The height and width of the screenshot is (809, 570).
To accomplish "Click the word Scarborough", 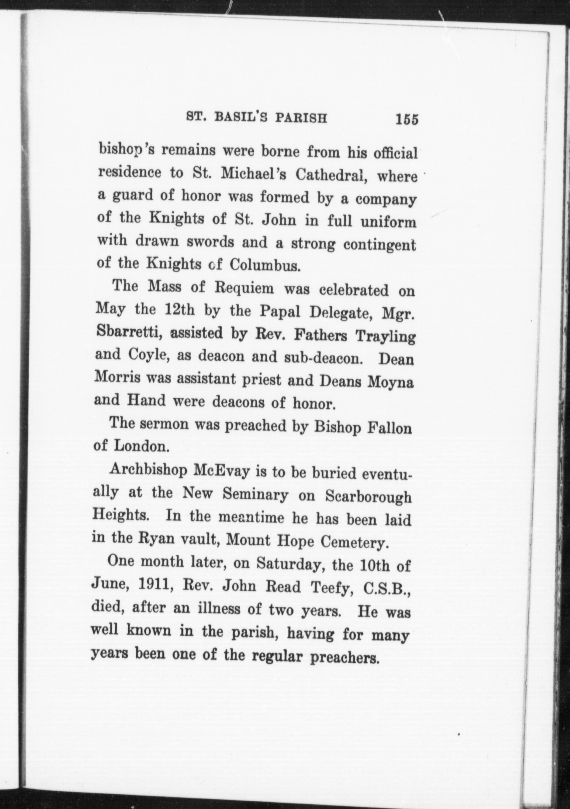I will [368, 497].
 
